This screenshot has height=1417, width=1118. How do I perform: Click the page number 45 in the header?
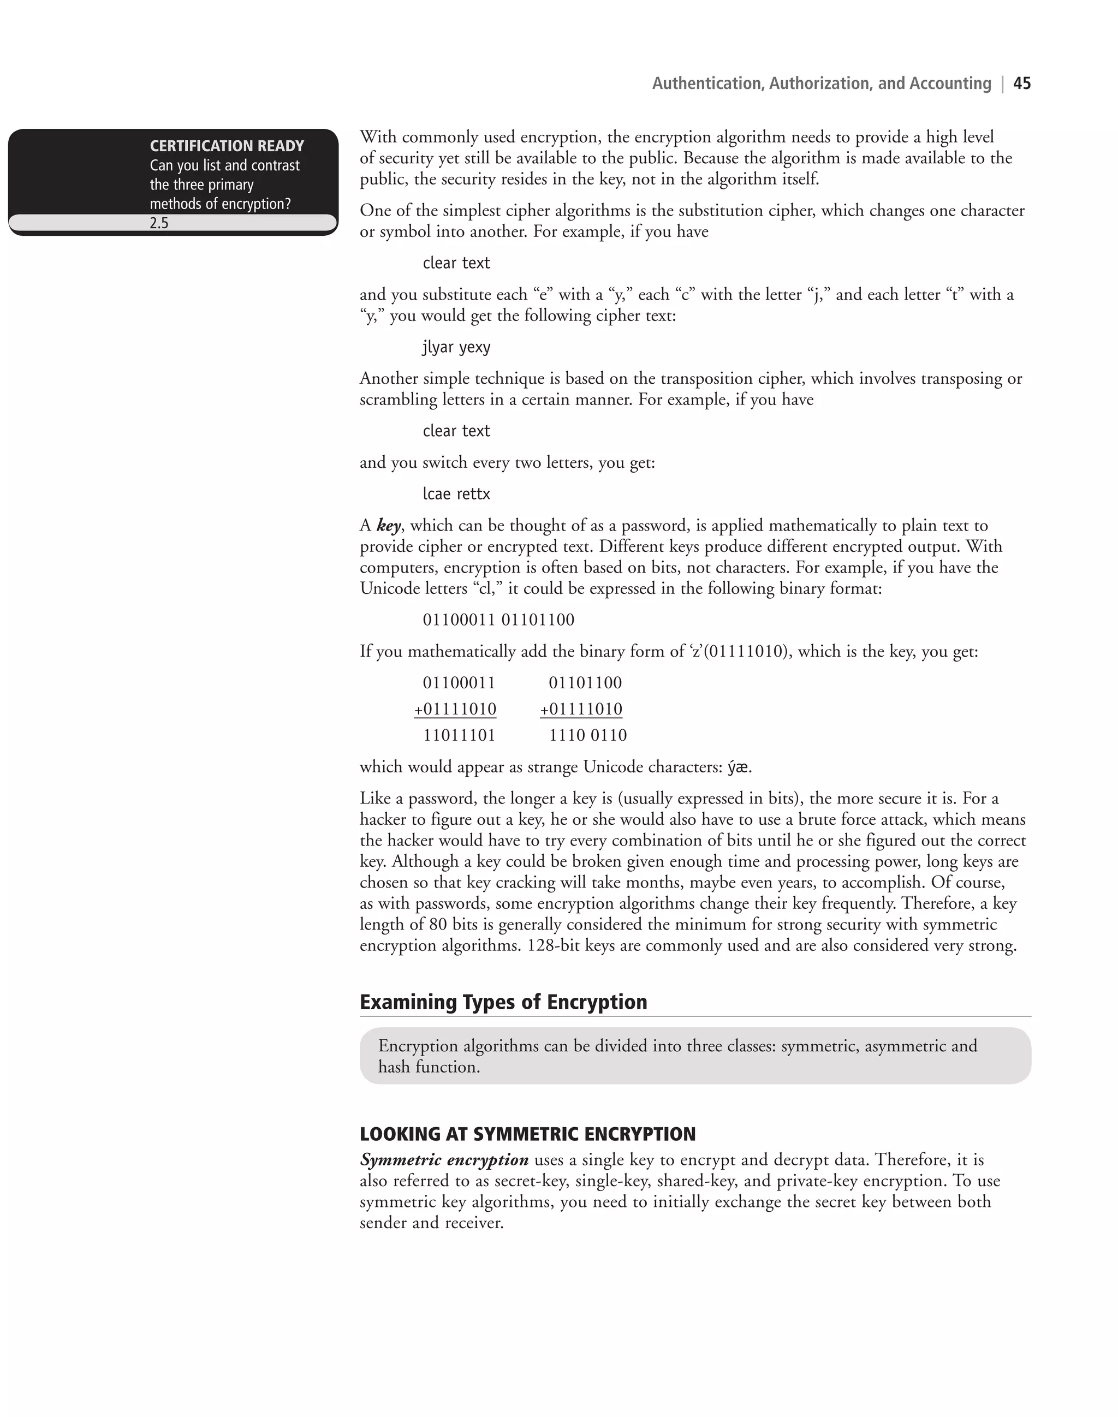pos(1022,83)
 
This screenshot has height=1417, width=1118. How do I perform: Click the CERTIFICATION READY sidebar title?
pos(227,146)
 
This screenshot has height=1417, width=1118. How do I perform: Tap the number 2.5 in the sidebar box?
pos(159,223)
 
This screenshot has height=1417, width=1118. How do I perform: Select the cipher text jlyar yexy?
pos(456,347)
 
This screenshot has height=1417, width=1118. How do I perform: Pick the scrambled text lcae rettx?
pos(456,493)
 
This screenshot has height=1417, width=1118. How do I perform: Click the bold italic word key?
pos(389,526)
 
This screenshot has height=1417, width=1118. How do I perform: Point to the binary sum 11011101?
pos(459,735)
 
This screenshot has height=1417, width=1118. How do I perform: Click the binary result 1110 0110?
pos(587,735)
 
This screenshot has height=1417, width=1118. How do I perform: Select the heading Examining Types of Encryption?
pos(503,1002)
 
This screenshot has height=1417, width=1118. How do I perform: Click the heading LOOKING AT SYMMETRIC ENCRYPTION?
pos(527,1134)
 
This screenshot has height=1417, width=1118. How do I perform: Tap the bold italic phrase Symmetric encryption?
pos(444,1160)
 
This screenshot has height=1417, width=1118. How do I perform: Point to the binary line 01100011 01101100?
pos(498,620)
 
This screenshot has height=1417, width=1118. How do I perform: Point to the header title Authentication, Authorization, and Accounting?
pos(822,83)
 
